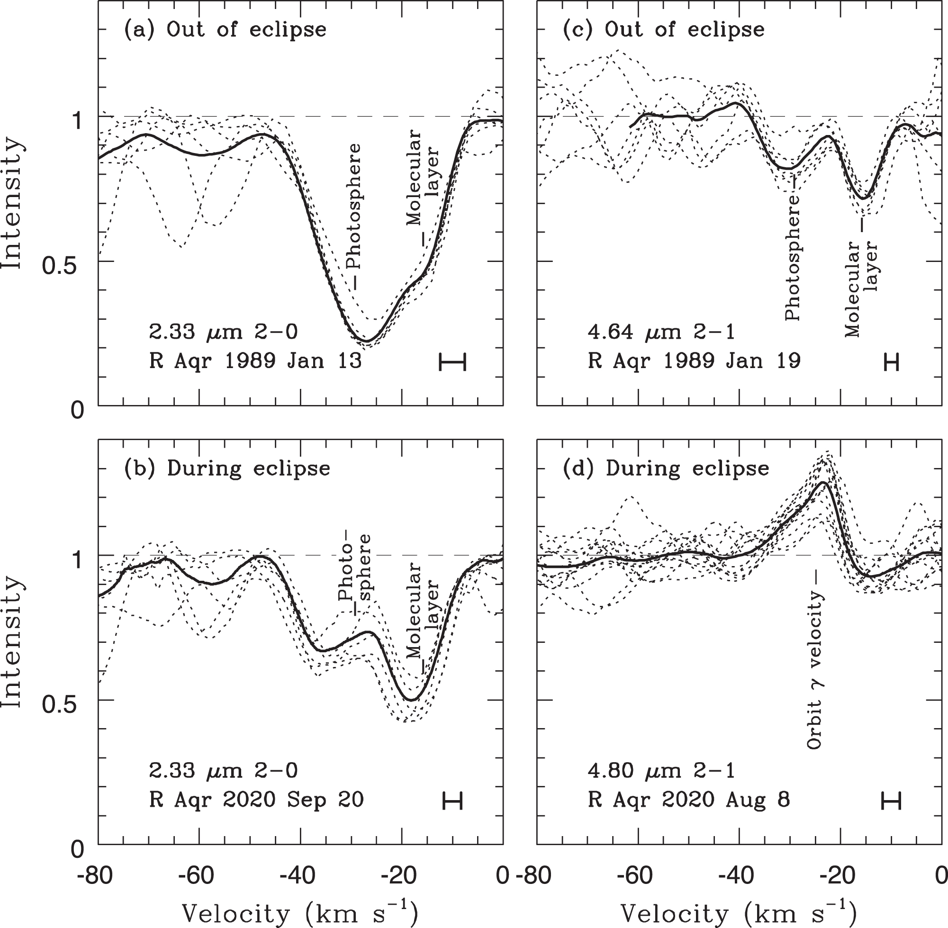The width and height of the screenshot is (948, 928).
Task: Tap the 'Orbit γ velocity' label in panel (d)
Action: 814,671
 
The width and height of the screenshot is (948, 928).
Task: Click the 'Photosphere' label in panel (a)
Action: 354,207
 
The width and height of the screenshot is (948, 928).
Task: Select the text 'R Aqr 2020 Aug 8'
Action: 689,800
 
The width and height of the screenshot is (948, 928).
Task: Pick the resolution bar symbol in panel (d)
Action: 891,800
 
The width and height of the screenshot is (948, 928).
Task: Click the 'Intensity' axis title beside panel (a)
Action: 12,204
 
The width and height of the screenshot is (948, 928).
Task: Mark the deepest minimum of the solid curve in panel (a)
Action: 368,340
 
